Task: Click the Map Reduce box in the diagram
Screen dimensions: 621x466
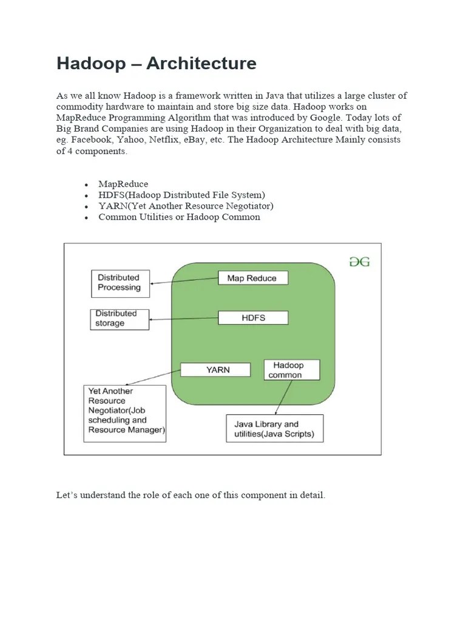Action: click(x=252, y=278)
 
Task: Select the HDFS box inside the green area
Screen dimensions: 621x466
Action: click(x=252, y=318)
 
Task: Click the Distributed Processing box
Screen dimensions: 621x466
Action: click(x=119, y=283)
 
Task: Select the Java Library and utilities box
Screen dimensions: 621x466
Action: click(x=274, y=429)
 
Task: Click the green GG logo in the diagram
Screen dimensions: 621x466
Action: click(x=359, y=262)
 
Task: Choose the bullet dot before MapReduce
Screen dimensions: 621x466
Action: click(x=87, y=184)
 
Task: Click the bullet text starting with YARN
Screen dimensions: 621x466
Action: click(x=186, y=206)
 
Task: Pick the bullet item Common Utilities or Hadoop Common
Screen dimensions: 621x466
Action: click(x=179, y=217)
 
